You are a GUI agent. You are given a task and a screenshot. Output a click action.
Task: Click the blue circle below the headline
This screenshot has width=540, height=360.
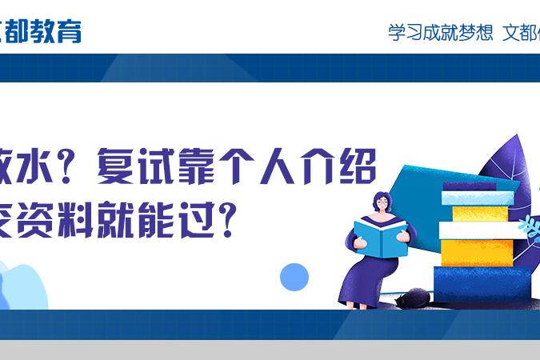294,277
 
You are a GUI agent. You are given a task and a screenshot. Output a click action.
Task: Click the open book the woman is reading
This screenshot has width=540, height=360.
380,237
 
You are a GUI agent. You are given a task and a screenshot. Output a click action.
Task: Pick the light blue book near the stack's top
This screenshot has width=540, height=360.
478,198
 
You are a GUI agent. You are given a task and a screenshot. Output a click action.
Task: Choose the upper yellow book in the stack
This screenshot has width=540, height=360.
480,214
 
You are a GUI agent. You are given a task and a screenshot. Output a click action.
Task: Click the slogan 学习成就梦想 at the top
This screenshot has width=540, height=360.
440,34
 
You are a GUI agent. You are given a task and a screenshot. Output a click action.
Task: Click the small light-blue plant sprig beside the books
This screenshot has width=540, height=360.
528,226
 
